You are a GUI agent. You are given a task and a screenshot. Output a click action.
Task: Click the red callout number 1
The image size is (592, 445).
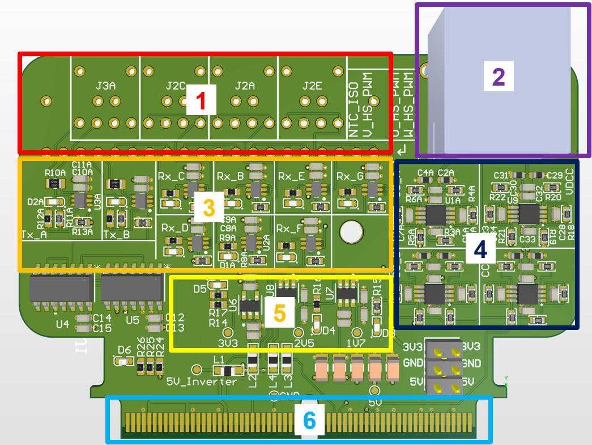coord(200,101)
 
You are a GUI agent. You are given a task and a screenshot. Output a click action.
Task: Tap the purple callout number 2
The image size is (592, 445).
coord(499,75)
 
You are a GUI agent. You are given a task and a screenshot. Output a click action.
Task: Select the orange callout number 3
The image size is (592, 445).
coord(208,208)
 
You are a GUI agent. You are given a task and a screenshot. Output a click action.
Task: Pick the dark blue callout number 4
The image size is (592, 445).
coord(480,249)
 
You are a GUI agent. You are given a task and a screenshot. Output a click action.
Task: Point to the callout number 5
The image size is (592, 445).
coord(280,312)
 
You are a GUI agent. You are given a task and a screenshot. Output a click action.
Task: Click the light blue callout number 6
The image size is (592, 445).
coord(309,420)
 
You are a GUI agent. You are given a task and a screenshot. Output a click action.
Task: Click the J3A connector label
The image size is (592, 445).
coord(106,86)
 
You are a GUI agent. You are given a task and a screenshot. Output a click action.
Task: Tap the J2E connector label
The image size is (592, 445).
coord(312,86)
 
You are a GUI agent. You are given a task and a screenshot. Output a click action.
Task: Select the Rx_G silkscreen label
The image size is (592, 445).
coord(350,176)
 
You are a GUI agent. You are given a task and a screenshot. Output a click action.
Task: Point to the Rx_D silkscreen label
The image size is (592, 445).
coord(174,228)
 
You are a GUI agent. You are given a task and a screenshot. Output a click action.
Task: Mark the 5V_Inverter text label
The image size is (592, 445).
coord(202,382)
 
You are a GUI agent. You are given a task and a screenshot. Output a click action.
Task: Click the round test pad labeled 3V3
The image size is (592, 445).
coord(228,333)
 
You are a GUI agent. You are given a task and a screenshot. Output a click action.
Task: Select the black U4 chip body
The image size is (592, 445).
coord(61,289)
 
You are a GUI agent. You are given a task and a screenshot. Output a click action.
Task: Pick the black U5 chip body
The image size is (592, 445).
coord(132,289)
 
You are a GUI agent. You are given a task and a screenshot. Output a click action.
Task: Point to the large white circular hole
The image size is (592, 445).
coord(351,232)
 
